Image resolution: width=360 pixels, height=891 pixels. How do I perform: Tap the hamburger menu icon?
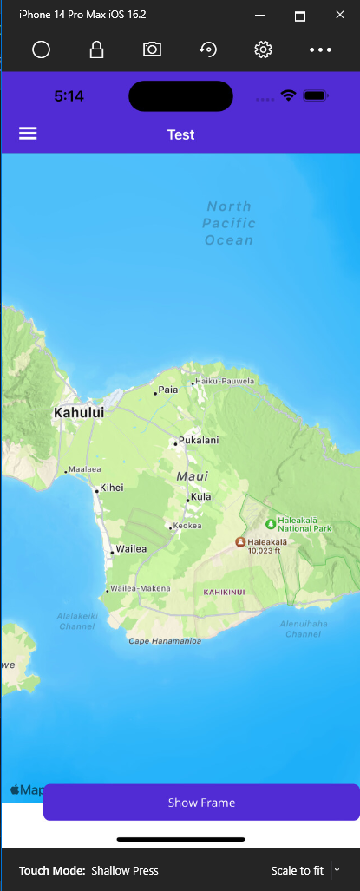28,134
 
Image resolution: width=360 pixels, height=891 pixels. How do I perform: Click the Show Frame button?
201,803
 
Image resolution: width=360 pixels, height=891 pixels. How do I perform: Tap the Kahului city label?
79,413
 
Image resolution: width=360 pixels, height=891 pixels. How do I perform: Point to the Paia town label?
167,390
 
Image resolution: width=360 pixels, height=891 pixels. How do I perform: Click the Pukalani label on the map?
198,441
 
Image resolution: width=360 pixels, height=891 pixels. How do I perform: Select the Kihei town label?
111,488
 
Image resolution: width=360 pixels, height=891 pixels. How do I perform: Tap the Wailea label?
131,549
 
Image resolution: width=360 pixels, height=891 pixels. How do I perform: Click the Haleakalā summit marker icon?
240,541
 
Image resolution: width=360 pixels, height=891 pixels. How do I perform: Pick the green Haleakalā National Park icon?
270,523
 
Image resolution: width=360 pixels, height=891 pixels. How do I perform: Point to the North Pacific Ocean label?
229,223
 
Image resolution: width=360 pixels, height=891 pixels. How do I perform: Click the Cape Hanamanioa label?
165,641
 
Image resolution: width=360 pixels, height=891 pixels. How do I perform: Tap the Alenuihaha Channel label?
304,629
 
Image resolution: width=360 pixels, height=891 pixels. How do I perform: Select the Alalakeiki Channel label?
76,620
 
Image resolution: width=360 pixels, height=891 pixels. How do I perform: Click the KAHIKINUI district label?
225,592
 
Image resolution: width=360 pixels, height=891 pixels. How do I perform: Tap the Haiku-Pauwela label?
225,381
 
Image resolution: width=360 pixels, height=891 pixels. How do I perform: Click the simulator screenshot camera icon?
152,49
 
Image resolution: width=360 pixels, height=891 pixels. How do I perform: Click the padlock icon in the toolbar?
96,49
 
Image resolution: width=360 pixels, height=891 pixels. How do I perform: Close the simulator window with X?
338,16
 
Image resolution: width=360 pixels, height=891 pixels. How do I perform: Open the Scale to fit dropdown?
337,869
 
